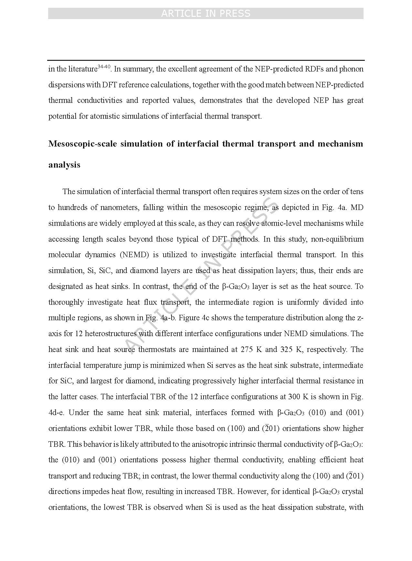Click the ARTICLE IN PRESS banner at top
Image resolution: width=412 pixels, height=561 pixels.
(x=206, y=14)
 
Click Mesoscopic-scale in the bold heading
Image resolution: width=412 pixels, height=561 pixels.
(x=82, y=144)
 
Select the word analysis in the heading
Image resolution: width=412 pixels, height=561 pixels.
(x=64, y=165)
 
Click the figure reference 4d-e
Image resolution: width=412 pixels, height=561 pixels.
(x=57, y=412)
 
